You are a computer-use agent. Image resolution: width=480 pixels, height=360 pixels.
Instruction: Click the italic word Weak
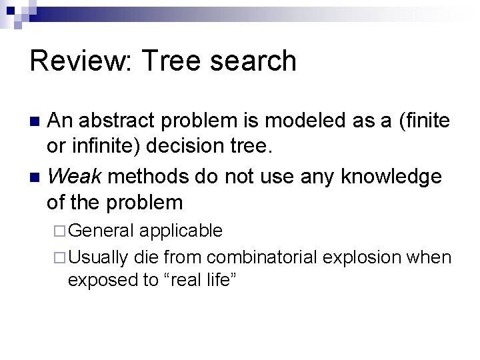(74, 177)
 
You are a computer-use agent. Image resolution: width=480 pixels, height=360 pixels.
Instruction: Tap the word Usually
(99, 257)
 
